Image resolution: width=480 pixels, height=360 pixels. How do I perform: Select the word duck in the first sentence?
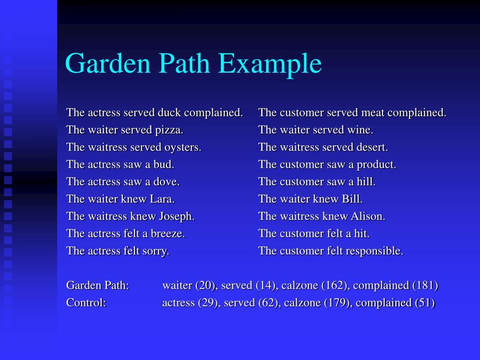pyautogui.click(x=169, y=112)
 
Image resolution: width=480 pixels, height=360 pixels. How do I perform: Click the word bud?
pyautogui.click(x=165, y=165)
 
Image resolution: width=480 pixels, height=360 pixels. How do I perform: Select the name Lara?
pyautogui.click(x=162, y=199)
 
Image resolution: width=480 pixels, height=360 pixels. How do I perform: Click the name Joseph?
pyautogui.click(x=177, y=216)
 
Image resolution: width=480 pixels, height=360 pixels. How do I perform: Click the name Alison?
pyautogui.click(x=367, y=216)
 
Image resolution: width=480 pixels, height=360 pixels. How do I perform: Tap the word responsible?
pyautogui.click(x=374, y=251)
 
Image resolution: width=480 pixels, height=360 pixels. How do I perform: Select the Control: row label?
pyautogui.click(x=86, y=302)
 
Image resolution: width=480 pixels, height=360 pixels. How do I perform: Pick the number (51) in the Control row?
pyautogui.click(x=425, y=302)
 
